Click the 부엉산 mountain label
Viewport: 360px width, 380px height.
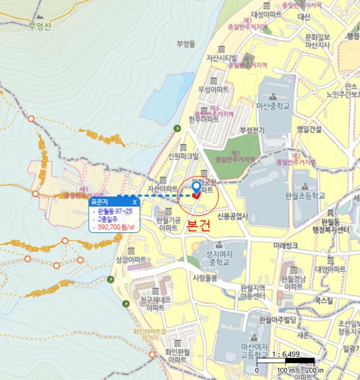coord(40,26)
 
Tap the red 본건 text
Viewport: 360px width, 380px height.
coord(198,227)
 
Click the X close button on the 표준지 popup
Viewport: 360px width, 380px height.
coord(135,202)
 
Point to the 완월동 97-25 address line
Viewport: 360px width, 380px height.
coord(115,211)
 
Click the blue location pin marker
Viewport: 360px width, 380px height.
coord(197,187)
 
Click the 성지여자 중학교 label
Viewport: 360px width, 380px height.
coord(210,258)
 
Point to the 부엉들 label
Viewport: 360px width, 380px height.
coord(186,44)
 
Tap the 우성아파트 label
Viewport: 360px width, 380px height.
coord(213,88)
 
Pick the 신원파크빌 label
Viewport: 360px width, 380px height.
coord(183,156)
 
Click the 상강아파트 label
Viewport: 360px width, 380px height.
coord(131,260)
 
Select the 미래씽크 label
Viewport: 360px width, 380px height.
coord(286,246)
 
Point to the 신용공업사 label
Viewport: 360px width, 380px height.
coord(232,216)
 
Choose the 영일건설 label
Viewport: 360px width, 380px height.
coord(310,129)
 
